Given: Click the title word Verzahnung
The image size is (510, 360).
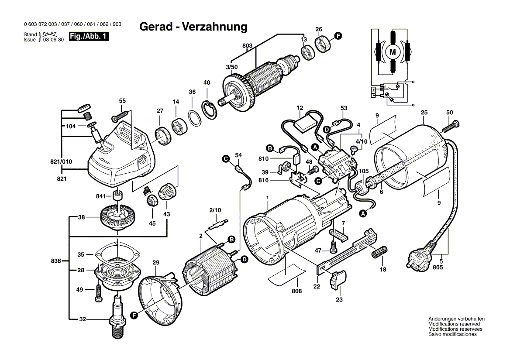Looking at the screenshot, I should tap(214, 27).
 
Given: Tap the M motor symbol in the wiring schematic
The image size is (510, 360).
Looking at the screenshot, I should tap(392, 52).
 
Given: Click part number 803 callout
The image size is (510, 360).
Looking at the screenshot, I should tap(247, 45).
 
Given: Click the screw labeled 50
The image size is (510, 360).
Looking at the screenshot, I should tap(450, 127).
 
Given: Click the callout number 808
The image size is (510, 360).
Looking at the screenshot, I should tap(297, 291).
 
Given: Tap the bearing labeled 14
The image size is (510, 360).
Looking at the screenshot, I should tap(179, 126).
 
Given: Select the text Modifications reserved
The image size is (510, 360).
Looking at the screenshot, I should tap(454, 324).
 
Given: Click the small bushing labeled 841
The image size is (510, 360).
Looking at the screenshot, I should tap(117, 195).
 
